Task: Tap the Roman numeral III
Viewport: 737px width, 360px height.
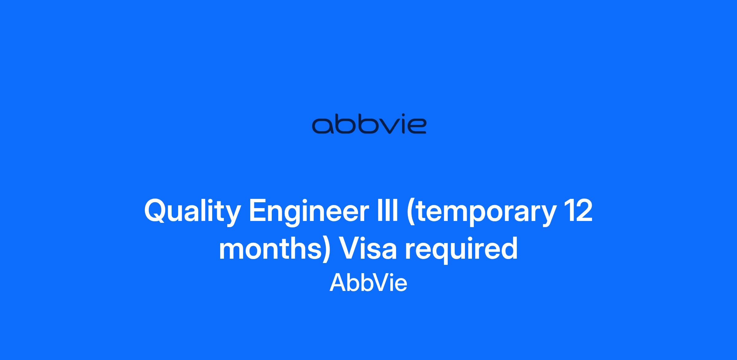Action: [x=388, y=210]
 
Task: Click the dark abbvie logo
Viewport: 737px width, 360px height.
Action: [x=369, y=125]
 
